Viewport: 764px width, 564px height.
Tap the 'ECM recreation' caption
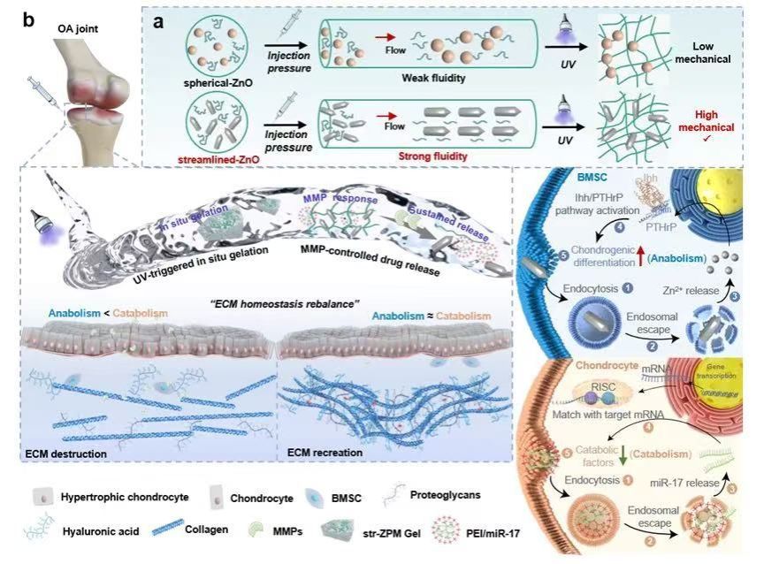pyautogui.click(x=327, y=453)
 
